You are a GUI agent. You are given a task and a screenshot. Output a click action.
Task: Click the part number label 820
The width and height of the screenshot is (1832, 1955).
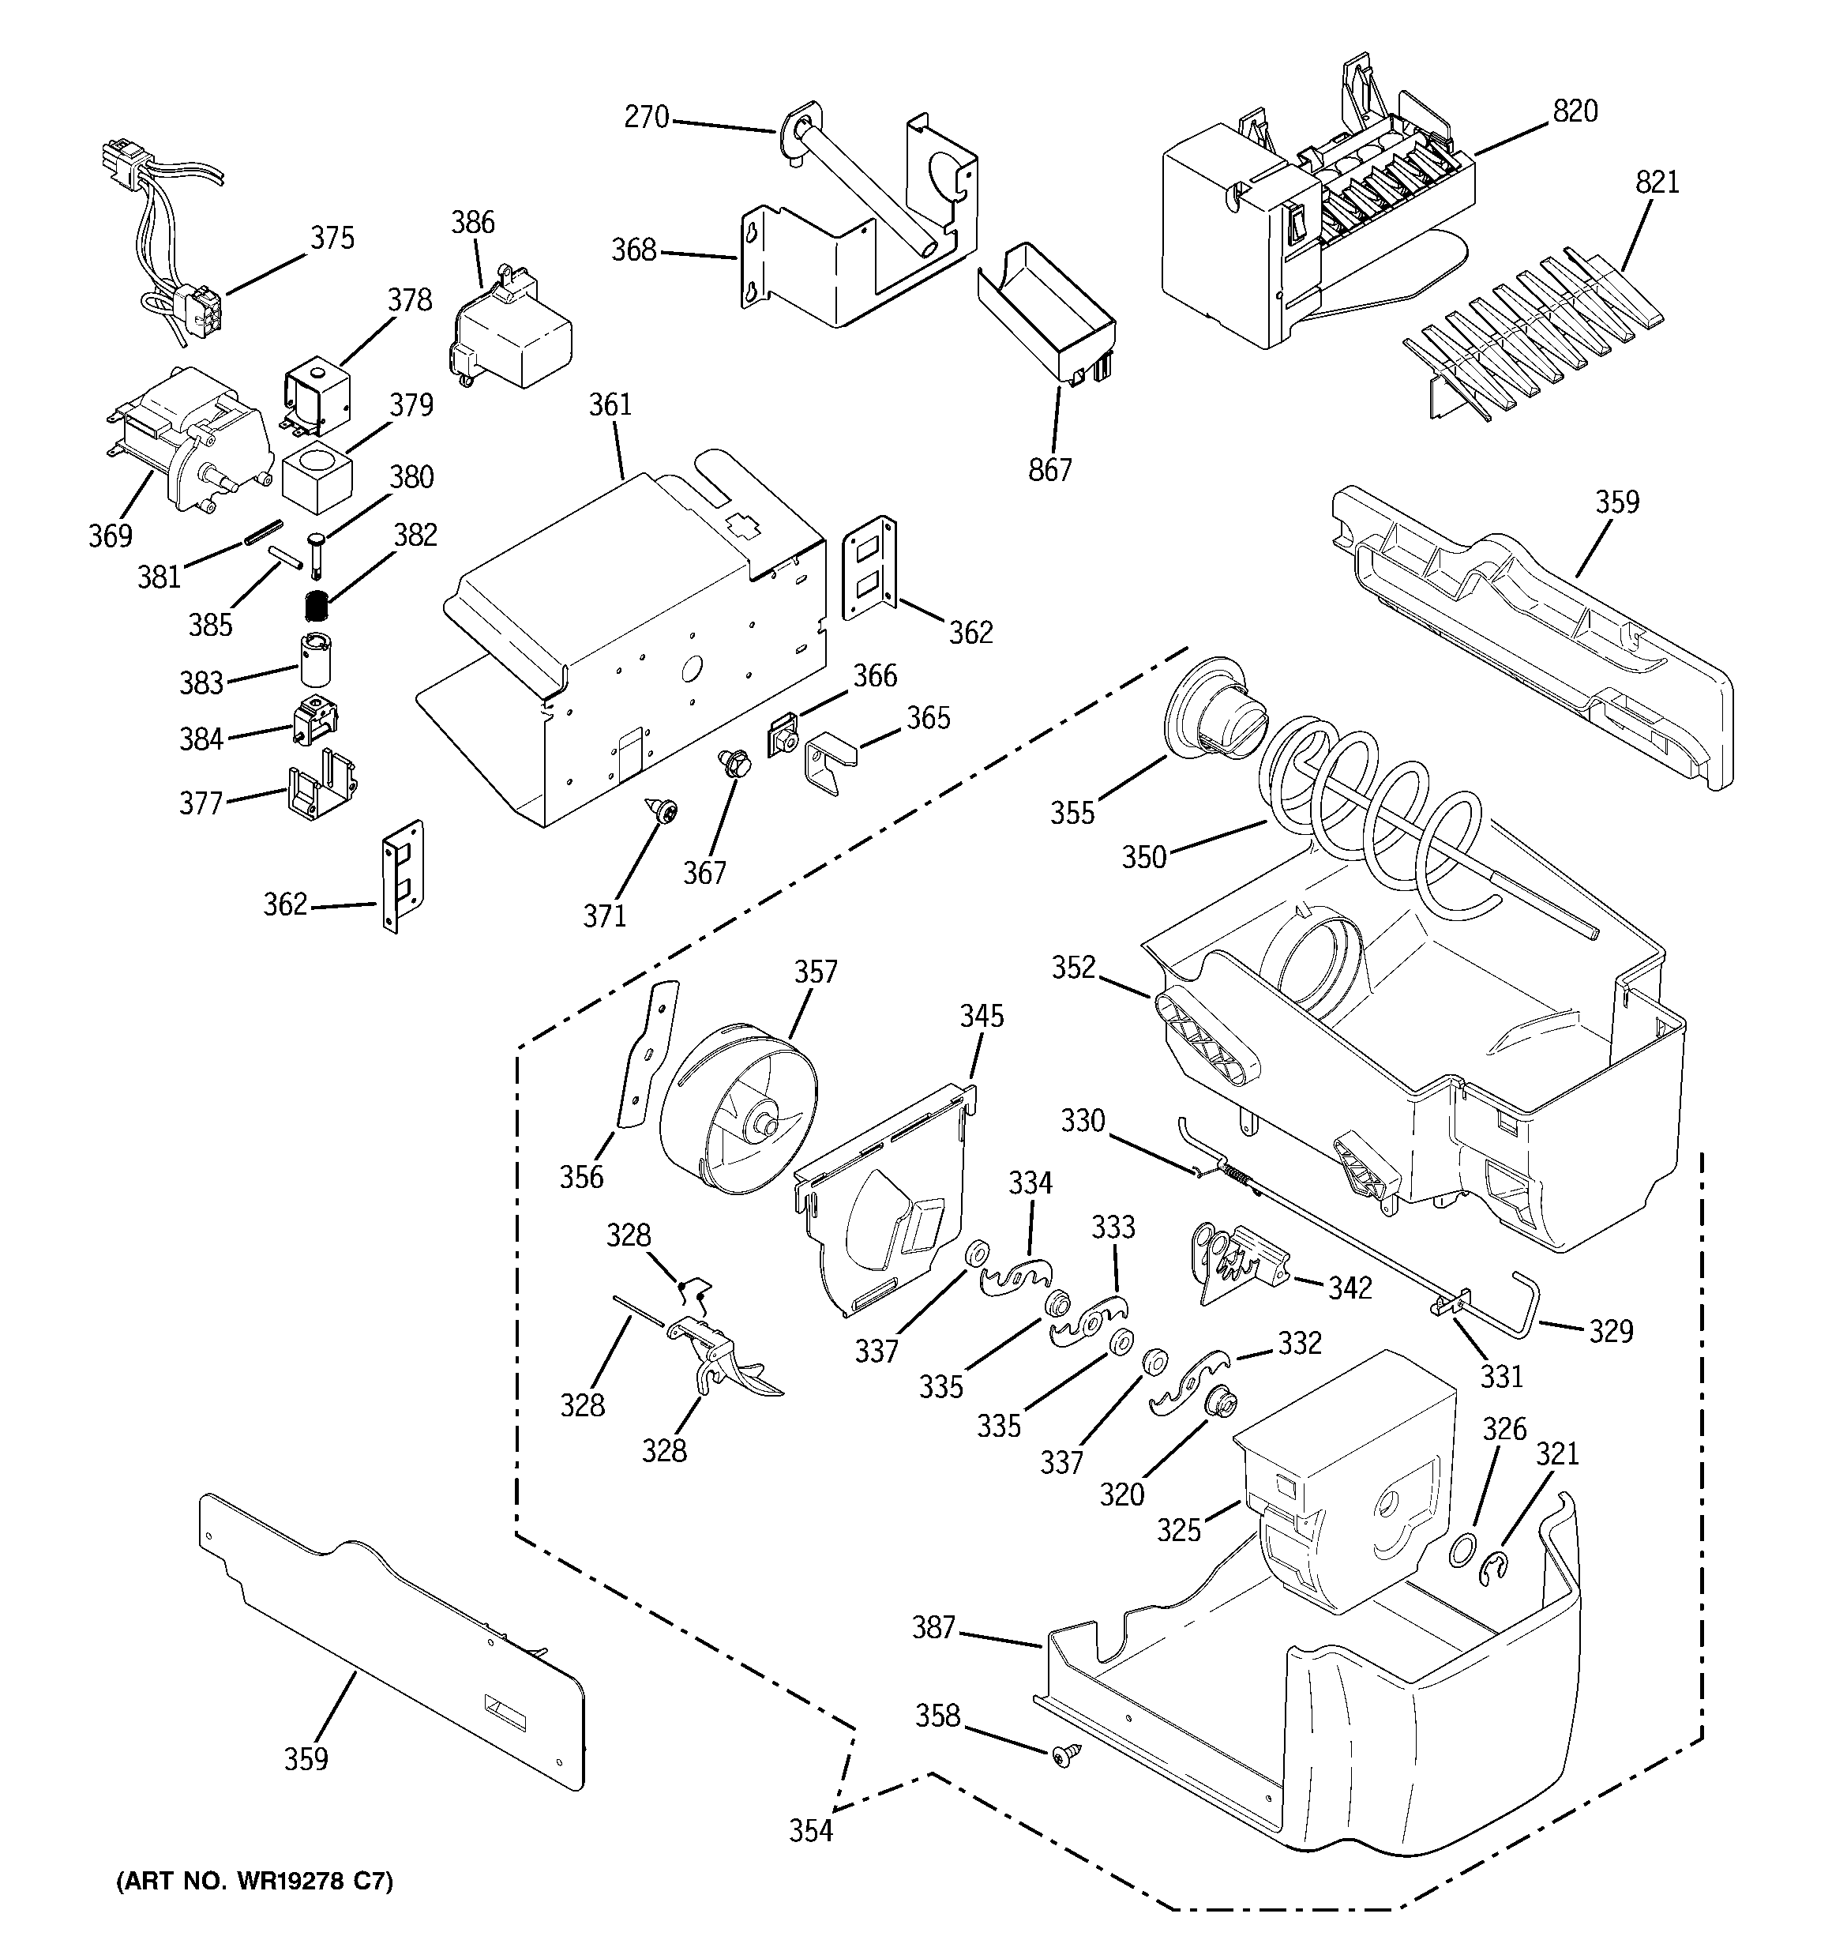[1575, 112]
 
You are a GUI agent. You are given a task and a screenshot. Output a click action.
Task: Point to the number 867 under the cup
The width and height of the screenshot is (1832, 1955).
[1049, 470]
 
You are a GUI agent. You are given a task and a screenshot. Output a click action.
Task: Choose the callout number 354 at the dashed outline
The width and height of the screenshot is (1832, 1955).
[811, 1831]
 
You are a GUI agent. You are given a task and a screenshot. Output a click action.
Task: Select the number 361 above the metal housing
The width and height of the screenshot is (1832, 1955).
[610, 405]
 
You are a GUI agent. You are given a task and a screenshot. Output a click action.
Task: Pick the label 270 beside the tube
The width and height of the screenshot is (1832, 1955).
[646, 118]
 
